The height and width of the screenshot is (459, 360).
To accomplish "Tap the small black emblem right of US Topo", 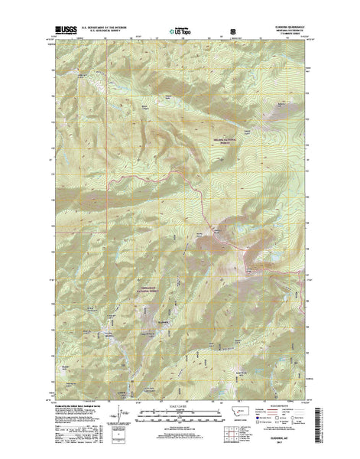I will click(233, 32).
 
